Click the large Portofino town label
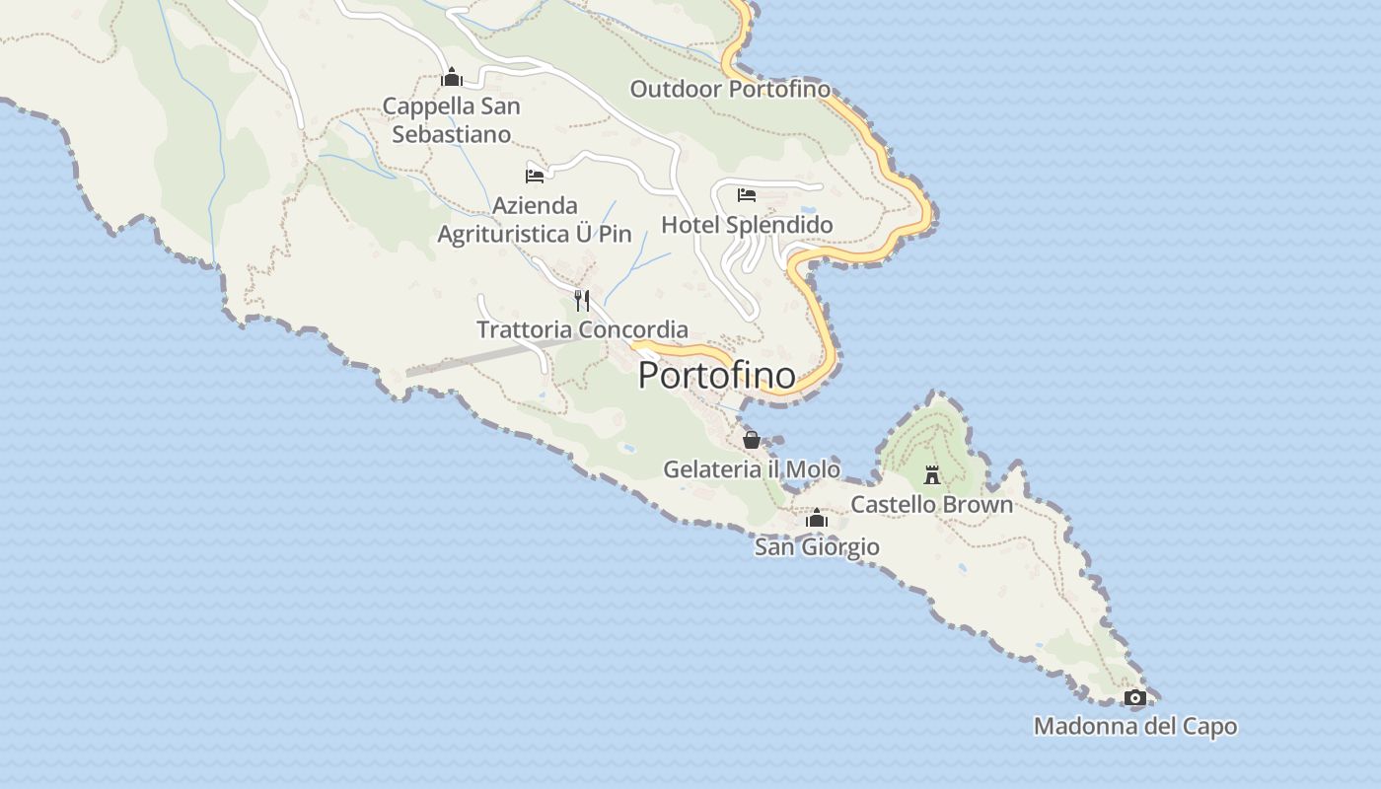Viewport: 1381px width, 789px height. pos(716,375)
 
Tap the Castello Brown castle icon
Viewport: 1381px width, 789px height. pos(932,475)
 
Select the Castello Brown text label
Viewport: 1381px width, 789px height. pos(931,504)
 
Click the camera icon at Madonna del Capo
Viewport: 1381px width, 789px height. pos(1135,698)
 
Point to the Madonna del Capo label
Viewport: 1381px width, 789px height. pos(1134,727)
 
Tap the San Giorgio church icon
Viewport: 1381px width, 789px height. pos(817,518)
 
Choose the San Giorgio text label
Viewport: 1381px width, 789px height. pos(817,546)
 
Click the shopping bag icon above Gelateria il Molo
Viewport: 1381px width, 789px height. pos(752,440)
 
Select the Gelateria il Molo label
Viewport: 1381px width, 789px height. pos(751,469)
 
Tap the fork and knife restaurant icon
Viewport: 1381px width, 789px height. pos(582,300)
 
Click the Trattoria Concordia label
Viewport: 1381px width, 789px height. pos(582,329)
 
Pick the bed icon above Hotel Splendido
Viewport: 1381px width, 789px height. pos(747,194)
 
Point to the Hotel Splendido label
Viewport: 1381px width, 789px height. pos(747,225)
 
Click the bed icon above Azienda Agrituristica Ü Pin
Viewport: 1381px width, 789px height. pos(535,177)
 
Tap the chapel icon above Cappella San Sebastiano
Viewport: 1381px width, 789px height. pos(452,77)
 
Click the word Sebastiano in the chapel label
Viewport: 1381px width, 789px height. pos(451,134)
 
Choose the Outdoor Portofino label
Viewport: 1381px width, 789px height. pos(730,89)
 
